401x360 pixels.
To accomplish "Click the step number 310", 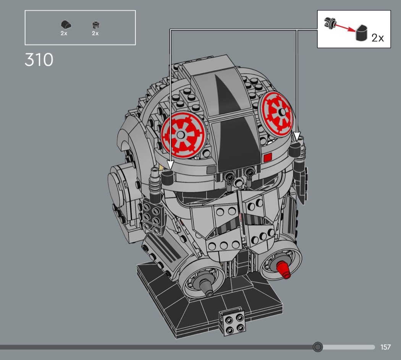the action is (x=39, y=60).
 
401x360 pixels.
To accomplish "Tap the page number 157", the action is (x=385, y=347).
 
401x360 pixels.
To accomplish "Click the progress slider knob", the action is (x=318, y=347).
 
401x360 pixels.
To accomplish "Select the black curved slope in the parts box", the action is (x=66, y=25).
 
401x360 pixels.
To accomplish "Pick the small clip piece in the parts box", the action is (x=95, y=25).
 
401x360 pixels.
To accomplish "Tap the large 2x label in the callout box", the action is (x=377, y=38).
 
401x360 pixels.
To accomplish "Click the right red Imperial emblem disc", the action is (x=276, y=114).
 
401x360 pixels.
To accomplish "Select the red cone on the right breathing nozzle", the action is (x=283, y=269).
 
